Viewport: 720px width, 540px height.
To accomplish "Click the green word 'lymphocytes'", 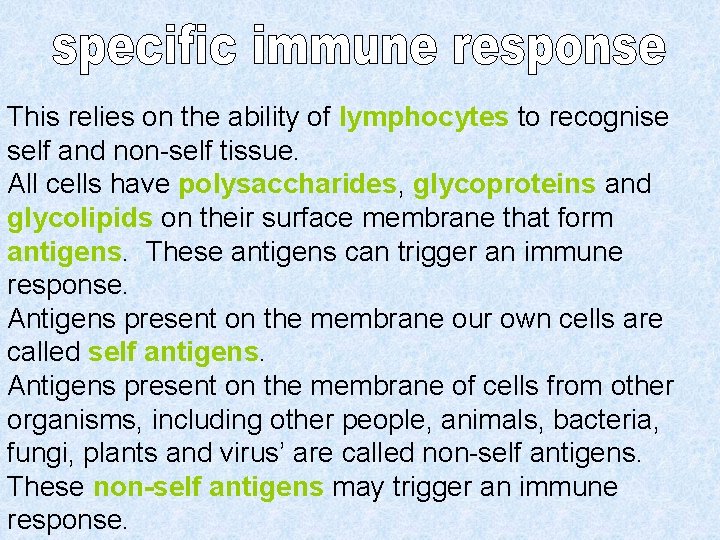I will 424,117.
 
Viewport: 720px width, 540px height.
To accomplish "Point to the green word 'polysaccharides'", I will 287,185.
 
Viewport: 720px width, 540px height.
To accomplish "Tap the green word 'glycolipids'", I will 79,218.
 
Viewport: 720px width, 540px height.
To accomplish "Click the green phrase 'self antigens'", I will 173,352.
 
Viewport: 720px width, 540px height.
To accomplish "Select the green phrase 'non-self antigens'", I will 208,487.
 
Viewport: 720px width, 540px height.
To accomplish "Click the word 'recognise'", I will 607,117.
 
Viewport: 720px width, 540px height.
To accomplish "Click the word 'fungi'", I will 39,454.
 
